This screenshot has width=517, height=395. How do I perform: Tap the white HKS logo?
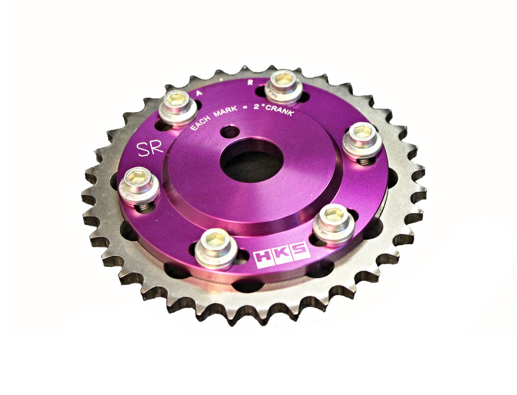(281, 254)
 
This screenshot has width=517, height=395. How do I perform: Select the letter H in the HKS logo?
(264, 257)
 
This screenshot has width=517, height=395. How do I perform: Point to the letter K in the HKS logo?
(281, 254)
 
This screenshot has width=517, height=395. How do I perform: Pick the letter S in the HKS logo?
(299, 251)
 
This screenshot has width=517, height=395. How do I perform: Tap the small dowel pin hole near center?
(229, 132)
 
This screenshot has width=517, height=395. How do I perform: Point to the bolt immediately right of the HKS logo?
(333, 222)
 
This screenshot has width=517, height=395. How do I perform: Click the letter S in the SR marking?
(143, 149)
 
